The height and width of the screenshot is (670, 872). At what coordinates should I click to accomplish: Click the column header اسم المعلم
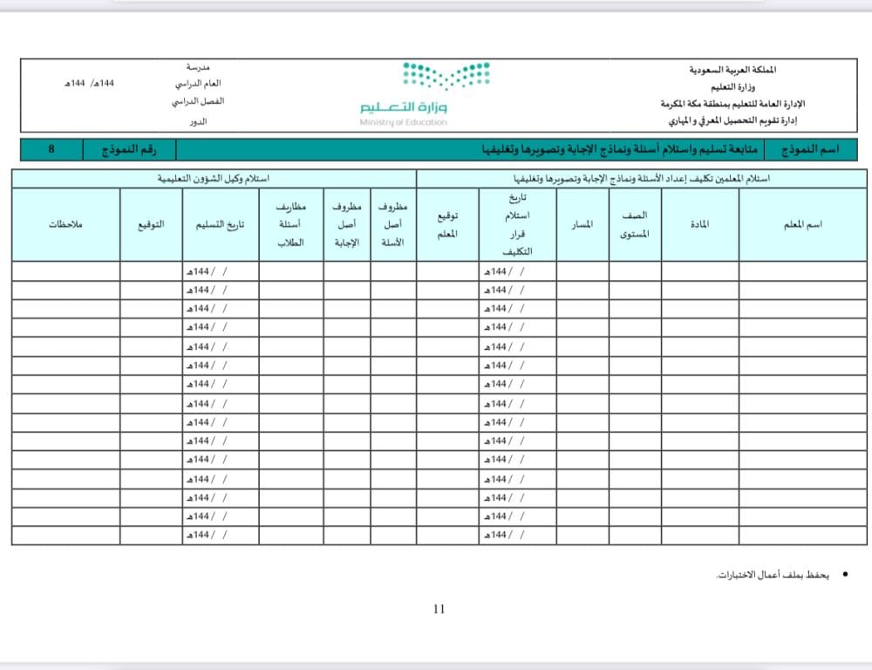click(x=803, y=225)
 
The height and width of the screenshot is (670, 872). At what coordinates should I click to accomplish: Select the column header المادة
click(x=699, y=225)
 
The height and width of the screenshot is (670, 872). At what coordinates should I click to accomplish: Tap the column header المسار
click(x=582, y=225)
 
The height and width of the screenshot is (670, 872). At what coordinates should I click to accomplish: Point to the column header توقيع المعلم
click(x=448, y=225)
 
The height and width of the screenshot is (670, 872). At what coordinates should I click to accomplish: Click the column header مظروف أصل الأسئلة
click(x=393, y=225)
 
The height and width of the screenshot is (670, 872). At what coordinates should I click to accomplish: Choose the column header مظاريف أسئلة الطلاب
click(x=290, y=225)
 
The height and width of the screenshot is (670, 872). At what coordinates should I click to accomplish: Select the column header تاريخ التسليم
click(x=220, y=225)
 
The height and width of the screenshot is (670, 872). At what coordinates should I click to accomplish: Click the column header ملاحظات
click(x=66, y=225)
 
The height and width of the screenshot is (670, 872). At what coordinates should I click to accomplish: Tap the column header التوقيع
click(x=151, y=225)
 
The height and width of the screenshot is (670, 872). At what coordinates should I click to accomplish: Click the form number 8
click(x=51, y=150)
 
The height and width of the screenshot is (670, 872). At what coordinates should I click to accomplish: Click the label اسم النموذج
click(x=810, y=150)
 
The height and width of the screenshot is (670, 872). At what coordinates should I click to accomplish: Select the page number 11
click(x=439, y=609)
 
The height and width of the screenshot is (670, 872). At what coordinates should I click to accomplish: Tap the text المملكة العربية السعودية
click(x=732, y=69)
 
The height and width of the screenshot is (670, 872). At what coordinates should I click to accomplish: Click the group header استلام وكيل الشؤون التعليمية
click(x=214, y=179)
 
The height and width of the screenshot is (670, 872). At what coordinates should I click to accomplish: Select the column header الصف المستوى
click(x=634, y=225)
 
